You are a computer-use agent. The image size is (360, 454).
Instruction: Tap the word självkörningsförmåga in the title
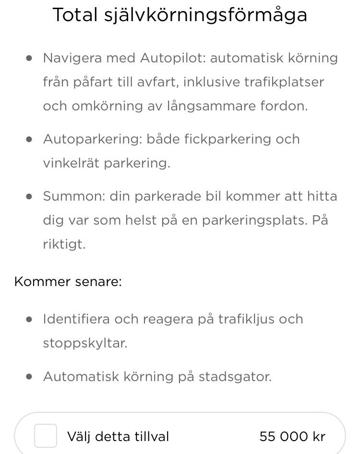point(205,16)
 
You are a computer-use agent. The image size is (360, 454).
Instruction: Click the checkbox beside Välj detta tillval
point(46,436)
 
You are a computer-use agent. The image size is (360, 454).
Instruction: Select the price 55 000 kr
point(292,437)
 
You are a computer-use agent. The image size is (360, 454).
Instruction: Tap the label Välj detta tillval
point(118,437)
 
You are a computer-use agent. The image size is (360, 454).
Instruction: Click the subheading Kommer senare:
point(68,281)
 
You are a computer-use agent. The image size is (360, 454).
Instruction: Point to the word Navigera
point(72,59)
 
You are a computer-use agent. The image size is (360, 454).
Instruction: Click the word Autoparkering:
point(90,140)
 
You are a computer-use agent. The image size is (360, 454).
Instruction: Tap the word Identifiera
point(76,319)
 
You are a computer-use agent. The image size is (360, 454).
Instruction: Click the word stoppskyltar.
point(85,344)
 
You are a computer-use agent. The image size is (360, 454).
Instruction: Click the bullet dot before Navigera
point(30,58)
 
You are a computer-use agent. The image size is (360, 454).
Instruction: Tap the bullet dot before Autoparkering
point(30,139)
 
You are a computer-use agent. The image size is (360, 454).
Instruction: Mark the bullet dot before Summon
point(30,196)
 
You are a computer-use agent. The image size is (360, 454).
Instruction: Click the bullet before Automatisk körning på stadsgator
point(30,377)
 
